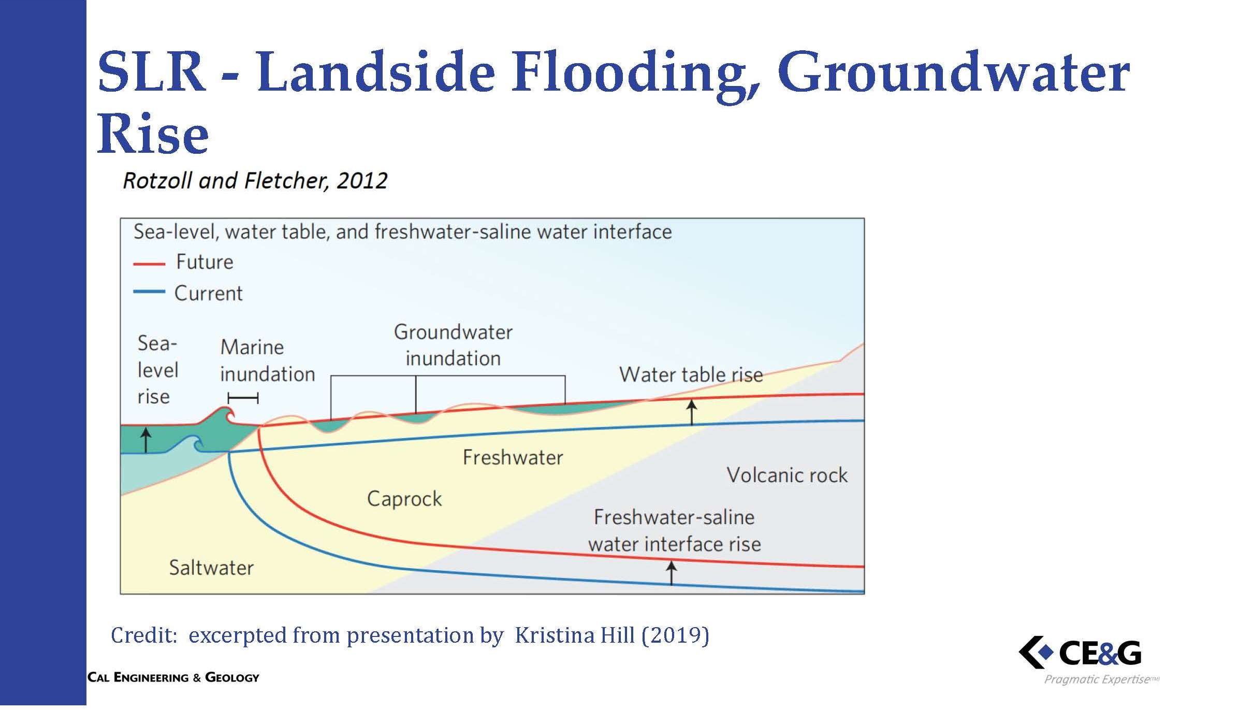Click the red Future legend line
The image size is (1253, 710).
tap(149, 264)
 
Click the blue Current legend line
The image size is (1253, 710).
tap(149, 292)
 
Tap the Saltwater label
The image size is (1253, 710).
tap(211, 568)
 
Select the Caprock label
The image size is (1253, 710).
tap(404, 499)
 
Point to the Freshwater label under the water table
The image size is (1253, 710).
tap(513, 457)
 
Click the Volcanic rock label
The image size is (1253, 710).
tap(787, 475)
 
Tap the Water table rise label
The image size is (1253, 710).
tap(691, 374)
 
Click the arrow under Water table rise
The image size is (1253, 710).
tap(692, 412)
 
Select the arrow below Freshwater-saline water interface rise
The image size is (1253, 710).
tap(671, 573)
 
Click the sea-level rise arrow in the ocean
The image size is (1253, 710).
tap(146, 440)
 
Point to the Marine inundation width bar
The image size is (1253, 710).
tap(243, 398)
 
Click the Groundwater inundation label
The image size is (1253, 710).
tap(453, 345)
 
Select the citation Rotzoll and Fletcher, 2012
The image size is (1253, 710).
tap(255, 181)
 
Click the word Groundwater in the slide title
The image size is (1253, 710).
tap(953, 74)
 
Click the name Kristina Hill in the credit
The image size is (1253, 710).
tap(575, 635)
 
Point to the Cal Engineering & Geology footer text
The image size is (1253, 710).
tap(173, 677)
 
